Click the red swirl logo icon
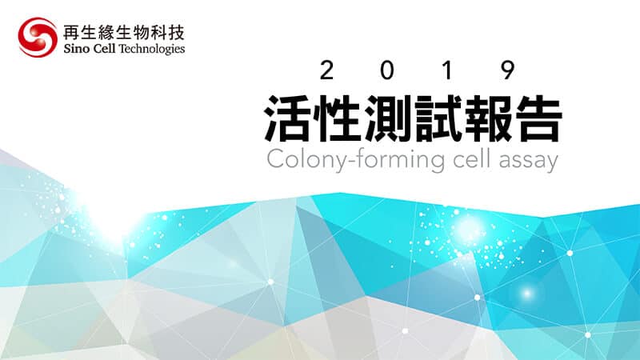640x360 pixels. [x=38, y=37]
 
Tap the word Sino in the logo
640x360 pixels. [x=74, y=49]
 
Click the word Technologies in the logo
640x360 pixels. [x=151, y=50]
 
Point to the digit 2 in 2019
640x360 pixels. [x=326, y=70]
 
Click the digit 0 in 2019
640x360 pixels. [x=387, y=70]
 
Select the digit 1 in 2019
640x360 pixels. [x=447, y=70]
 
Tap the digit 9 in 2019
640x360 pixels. [x=508, y=70]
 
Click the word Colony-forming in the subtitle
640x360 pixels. [x=355, y=161]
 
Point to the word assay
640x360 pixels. [x=529, y=162]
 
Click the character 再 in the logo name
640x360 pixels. [x=71, y=33]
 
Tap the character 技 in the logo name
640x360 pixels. [x=176, y=33]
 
